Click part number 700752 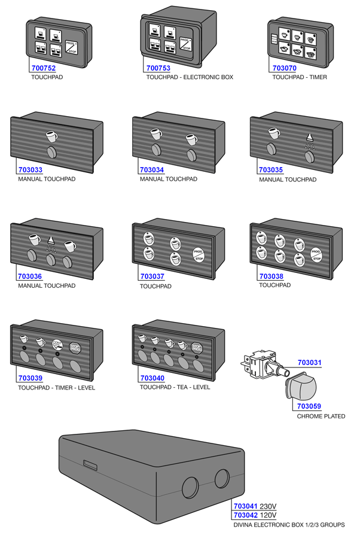[x=42, y=68]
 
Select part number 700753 [x=158, y=68]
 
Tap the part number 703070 [x=284, y=68]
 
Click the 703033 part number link [x=30, y=170]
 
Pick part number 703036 [x=30, y=276]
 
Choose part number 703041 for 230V [x=246, y=506]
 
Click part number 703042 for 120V [x=246, y=515]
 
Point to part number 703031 [x=309, y=363]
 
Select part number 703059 [x=309, y=407]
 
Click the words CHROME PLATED [x=321, y=417]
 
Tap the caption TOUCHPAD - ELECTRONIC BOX [x=190, y=78]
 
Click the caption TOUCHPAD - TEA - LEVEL [x=175, y=388]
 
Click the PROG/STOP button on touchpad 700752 [x=71, y=47]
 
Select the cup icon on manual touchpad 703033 [x=51, y=134]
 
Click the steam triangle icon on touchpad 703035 [x=309, y=137]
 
